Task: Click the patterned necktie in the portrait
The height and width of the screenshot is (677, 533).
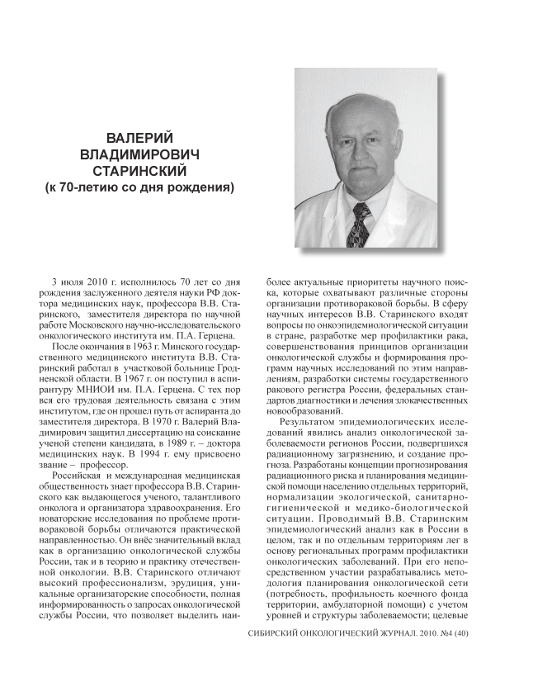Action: [362, 224]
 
